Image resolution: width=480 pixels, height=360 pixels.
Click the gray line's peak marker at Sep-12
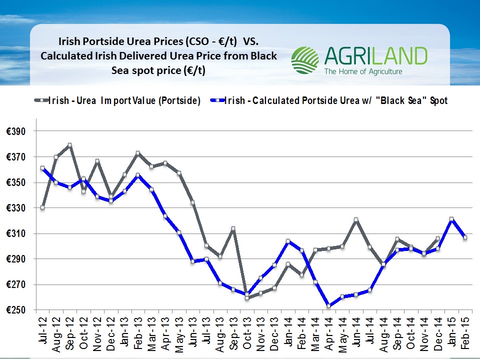click(70, 145)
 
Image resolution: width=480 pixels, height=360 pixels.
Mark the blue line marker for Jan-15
click(451, 219)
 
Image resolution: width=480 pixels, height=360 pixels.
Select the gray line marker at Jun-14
click(355, 220)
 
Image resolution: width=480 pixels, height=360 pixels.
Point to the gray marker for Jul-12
click(42, 207)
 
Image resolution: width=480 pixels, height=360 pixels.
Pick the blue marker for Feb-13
click(138, 175)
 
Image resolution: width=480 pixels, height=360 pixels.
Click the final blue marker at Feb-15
click(464, 237)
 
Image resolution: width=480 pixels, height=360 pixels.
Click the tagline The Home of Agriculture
click(363, 72)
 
